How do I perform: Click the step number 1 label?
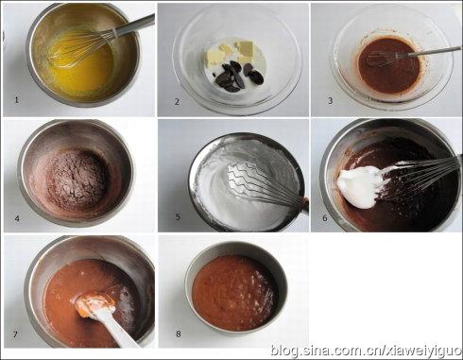coord(17,100)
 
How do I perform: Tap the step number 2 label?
coord(177,101)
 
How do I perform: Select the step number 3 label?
coord(331,101)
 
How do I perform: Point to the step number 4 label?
coord(17,218)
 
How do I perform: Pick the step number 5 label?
coord(178,216)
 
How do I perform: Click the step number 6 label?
coord(325,217)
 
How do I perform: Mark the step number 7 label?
coord(15,334)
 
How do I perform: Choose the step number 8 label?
coord(179,334)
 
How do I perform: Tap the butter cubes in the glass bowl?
coord(233,53)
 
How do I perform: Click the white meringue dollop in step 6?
coord(362,186)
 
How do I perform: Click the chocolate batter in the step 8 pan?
coord(234,292)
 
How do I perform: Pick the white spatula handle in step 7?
coord(121,332)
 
